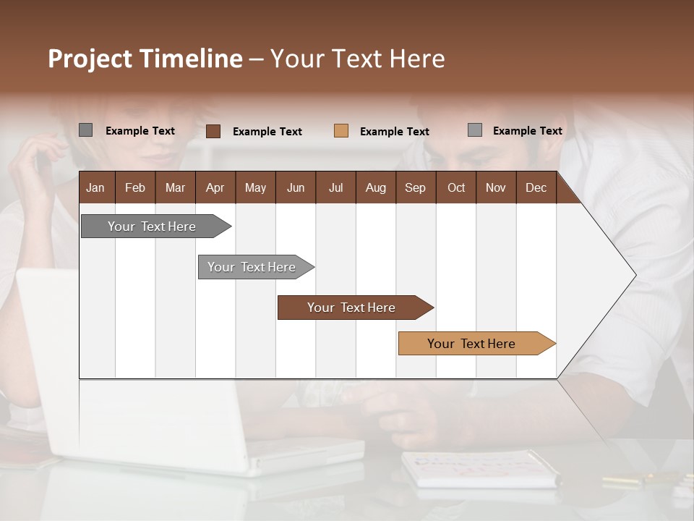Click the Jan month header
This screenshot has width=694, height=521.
(x=95, y=187)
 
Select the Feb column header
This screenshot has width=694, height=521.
(x=135, y=187)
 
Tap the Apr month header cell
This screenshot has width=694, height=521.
(x=215, y=187)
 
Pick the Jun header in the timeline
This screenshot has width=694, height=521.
(x=296, y=187)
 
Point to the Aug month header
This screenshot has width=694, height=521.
(x=376, y=187)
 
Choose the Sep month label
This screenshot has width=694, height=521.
(x=415, y=187)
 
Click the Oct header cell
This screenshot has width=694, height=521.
(x=456, y=187)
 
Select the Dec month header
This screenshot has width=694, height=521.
(x=536, y=187)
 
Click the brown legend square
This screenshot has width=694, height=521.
(x=213, y=131)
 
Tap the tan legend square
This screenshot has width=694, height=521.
(x=341, y=130)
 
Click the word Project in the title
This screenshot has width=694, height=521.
(x=91, y=59)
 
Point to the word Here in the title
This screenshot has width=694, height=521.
(x=417, y=59)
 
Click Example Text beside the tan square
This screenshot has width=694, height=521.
(x=395, y=132)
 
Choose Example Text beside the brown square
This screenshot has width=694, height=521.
(x=267, y=132)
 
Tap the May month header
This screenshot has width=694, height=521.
(x=255, y=187)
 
